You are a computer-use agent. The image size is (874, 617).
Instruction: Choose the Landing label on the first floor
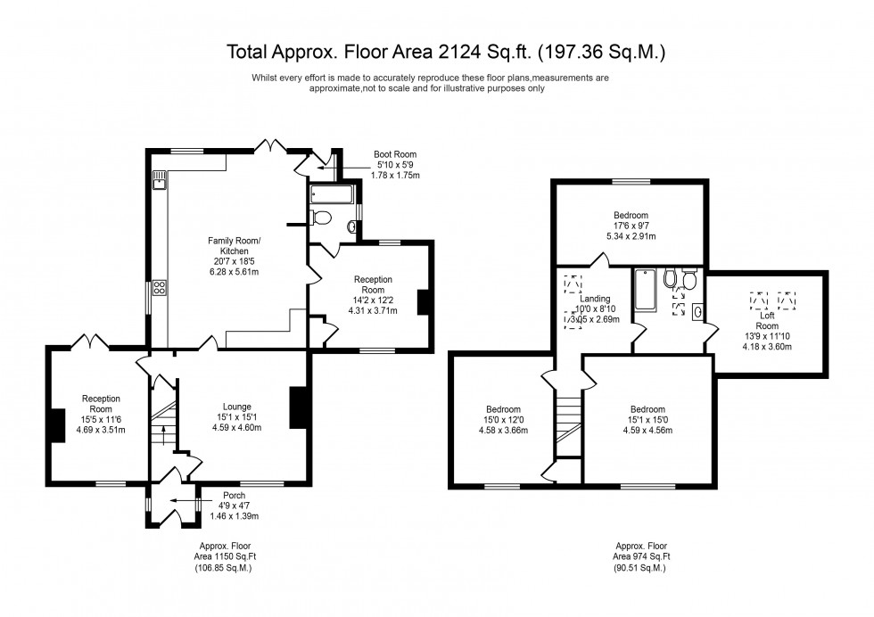pyautogui.click(x=594, y=299)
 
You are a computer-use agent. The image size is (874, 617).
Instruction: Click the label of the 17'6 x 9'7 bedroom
pyautogui.click(x=631, y=215)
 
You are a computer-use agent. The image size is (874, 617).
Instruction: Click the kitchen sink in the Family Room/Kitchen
pyautogui.click(x=159, y=184)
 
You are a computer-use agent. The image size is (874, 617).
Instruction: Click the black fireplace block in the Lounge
pyautogui.click(x=299, y=407)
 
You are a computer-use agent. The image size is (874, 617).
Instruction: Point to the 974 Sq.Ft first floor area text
pyautogui.click(x=640, y=556)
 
